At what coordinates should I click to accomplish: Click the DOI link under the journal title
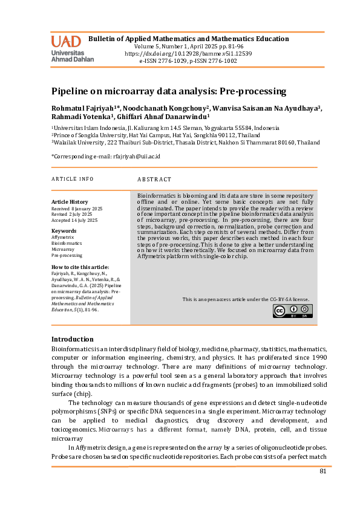[x=188, y=53]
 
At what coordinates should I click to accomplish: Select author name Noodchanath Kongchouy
[x=162, y=108]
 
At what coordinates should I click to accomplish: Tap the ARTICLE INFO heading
[x=73, y=179]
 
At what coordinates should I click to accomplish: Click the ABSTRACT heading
[x=154, y=180]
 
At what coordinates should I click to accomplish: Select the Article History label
[x=70, y=201]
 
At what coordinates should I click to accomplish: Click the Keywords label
[x=64, y=231]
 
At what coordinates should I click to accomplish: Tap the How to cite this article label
[x=80, y=267]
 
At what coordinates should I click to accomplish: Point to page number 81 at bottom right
[x=322, y=471]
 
